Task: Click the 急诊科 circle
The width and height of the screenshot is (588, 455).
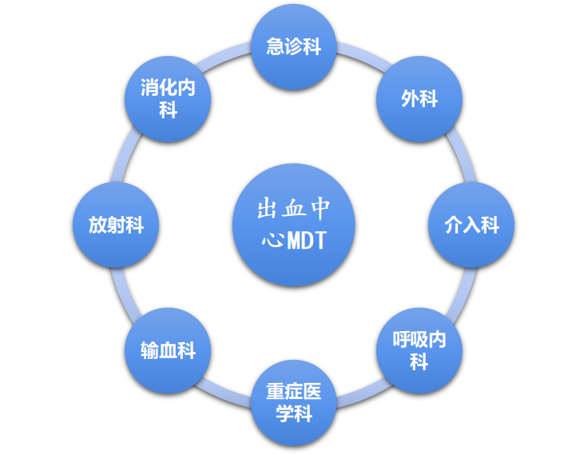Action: click(294, 47)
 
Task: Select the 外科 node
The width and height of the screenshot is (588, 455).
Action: click(419, 99)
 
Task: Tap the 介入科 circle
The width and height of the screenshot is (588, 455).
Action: click(471, 225)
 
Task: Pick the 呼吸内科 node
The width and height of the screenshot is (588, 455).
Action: click(419, 350)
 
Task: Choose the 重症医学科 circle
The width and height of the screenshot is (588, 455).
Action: click(294, 403)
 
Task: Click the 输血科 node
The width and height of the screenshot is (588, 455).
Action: click(168, 350)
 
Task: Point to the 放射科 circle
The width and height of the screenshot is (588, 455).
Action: click(116, 225)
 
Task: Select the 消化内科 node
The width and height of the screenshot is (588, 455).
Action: click(168, 99)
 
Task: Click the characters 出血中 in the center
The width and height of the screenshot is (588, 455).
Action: click(294, 210)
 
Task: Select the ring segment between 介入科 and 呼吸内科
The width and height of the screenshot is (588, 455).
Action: click(459, 292)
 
